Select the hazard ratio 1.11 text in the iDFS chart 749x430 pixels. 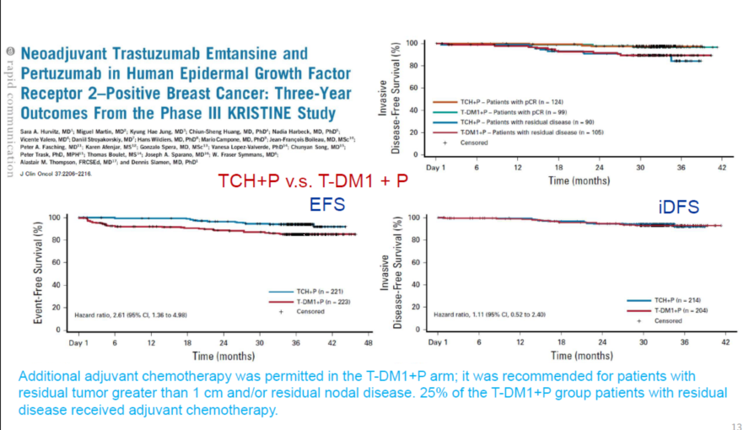[x=492, y=314]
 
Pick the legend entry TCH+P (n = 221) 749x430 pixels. [x=305, y=290]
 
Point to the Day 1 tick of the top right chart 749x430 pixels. [x=438, y=167]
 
